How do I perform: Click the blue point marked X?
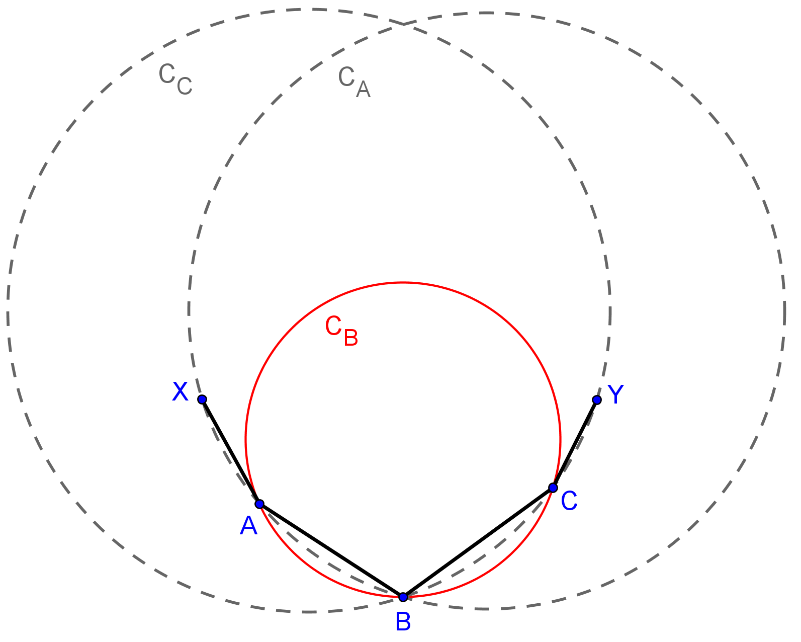click(202, 399)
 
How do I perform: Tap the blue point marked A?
click(259, 504)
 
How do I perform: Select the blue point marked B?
click(403, 597)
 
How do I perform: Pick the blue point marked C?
click(553, 488)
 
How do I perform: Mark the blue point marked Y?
click(597, 399)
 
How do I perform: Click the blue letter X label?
click(180, 392)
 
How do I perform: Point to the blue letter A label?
click(249, 526)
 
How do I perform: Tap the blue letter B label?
click(403, 622)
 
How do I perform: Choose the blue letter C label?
click(569, 501)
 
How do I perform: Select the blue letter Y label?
click(615, 394)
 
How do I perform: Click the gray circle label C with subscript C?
click(175, 79)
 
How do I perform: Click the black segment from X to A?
click(231, 452)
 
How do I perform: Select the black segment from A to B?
click(331, 550)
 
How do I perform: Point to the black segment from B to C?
click(478, 542)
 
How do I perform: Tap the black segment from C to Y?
click(575, 444)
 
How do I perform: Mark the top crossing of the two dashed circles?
click(404, 24)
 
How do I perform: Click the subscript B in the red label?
click(351, 338)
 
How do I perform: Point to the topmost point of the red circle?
click(403, 283)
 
